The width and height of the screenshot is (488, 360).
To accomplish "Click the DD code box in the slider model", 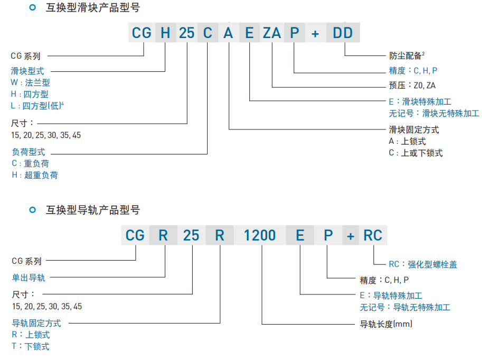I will pyautogui.click(x=343, y=33).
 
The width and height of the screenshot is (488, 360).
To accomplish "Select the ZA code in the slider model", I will pyautogui.click(x=272, y=33).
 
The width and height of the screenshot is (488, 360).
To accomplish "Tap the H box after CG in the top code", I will pyautogui.click(x=165, y=33).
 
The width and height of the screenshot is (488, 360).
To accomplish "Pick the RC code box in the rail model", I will pyautogui.click(x=372, y=235).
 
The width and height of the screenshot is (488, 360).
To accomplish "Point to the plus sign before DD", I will pyautogui.click(x=315, y=33).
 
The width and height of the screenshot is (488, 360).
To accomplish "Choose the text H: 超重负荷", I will pyautogui.click(x=34, y=175).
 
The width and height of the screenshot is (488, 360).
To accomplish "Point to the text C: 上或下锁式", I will pyautogui.click(x=415, y=153).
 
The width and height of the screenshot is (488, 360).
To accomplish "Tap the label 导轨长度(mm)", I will pyautogui.click(x=386, y=324).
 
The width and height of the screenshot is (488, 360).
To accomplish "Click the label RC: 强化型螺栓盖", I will pyautogui.click(x=423, y=264).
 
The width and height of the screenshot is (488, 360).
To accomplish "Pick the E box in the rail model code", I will pyautogui.click(x=300, y=235).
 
